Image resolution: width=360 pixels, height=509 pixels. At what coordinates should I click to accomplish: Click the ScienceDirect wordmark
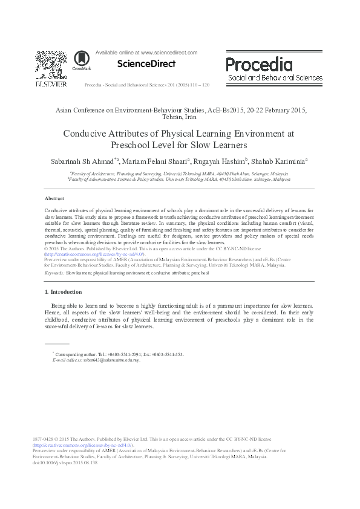tap(146, 63)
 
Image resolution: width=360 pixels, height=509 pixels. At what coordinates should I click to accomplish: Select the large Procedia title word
tap(259, 64)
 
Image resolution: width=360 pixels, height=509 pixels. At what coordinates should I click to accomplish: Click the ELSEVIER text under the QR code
tap(50, 83)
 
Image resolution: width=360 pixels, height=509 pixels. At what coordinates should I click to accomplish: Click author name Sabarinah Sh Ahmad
tap(83, 161)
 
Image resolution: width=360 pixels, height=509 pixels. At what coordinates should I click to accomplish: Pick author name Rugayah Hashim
tap(220, 161)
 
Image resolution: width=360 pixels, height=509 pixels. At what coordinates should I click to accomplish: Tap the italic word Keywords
tap(55, 273)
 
